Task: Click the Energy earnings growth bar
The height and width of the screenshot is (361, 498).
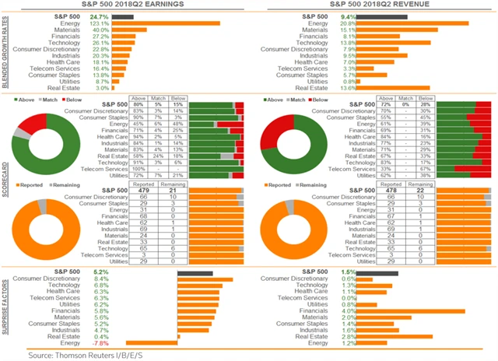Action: tap(167, 23)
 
